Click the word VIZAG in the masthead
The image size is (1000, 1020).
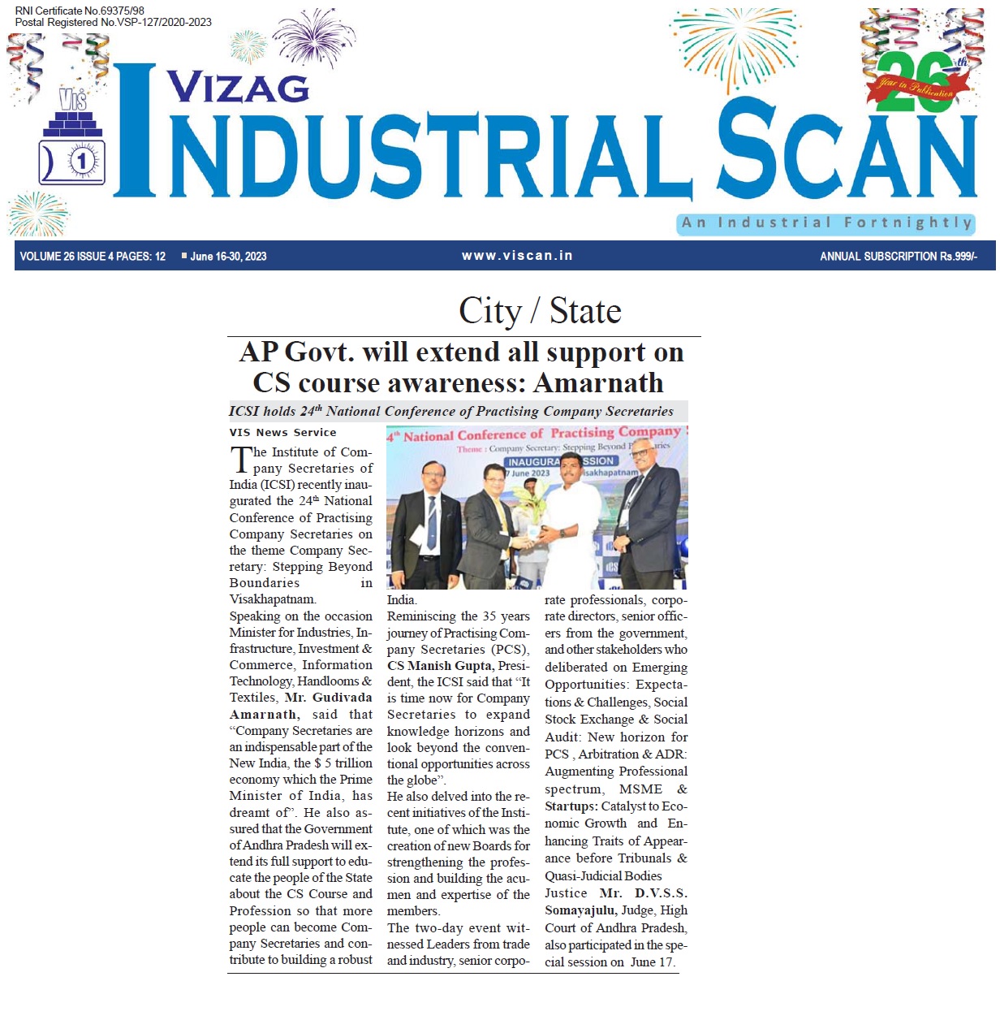point(238,88)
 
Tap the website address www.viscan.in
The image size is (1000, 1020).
point(517,256)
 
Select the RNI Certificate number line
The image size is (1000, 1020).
point(80,11)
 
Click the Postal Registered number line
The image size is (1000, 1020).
point(113,23)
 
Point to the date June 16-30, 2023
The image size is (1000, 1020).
point(228,257)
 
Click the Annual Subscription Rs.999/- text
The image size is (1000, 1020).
point(898,257)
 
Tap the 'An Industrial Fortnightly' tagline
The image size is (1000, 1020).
point(826,223)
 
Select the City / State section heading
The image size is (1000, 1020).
point(540,311)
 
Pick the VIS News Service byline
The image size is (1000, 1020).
point(282,433)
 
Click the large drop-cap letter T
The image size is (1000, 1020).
point(241,460)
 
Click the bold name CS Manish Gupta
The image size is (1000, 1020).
point(439,666)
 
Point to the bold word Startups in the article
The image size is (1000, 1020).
point(571,806)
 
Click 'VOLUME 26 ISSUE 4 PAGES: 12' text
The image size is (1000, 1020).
point(93,257)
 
